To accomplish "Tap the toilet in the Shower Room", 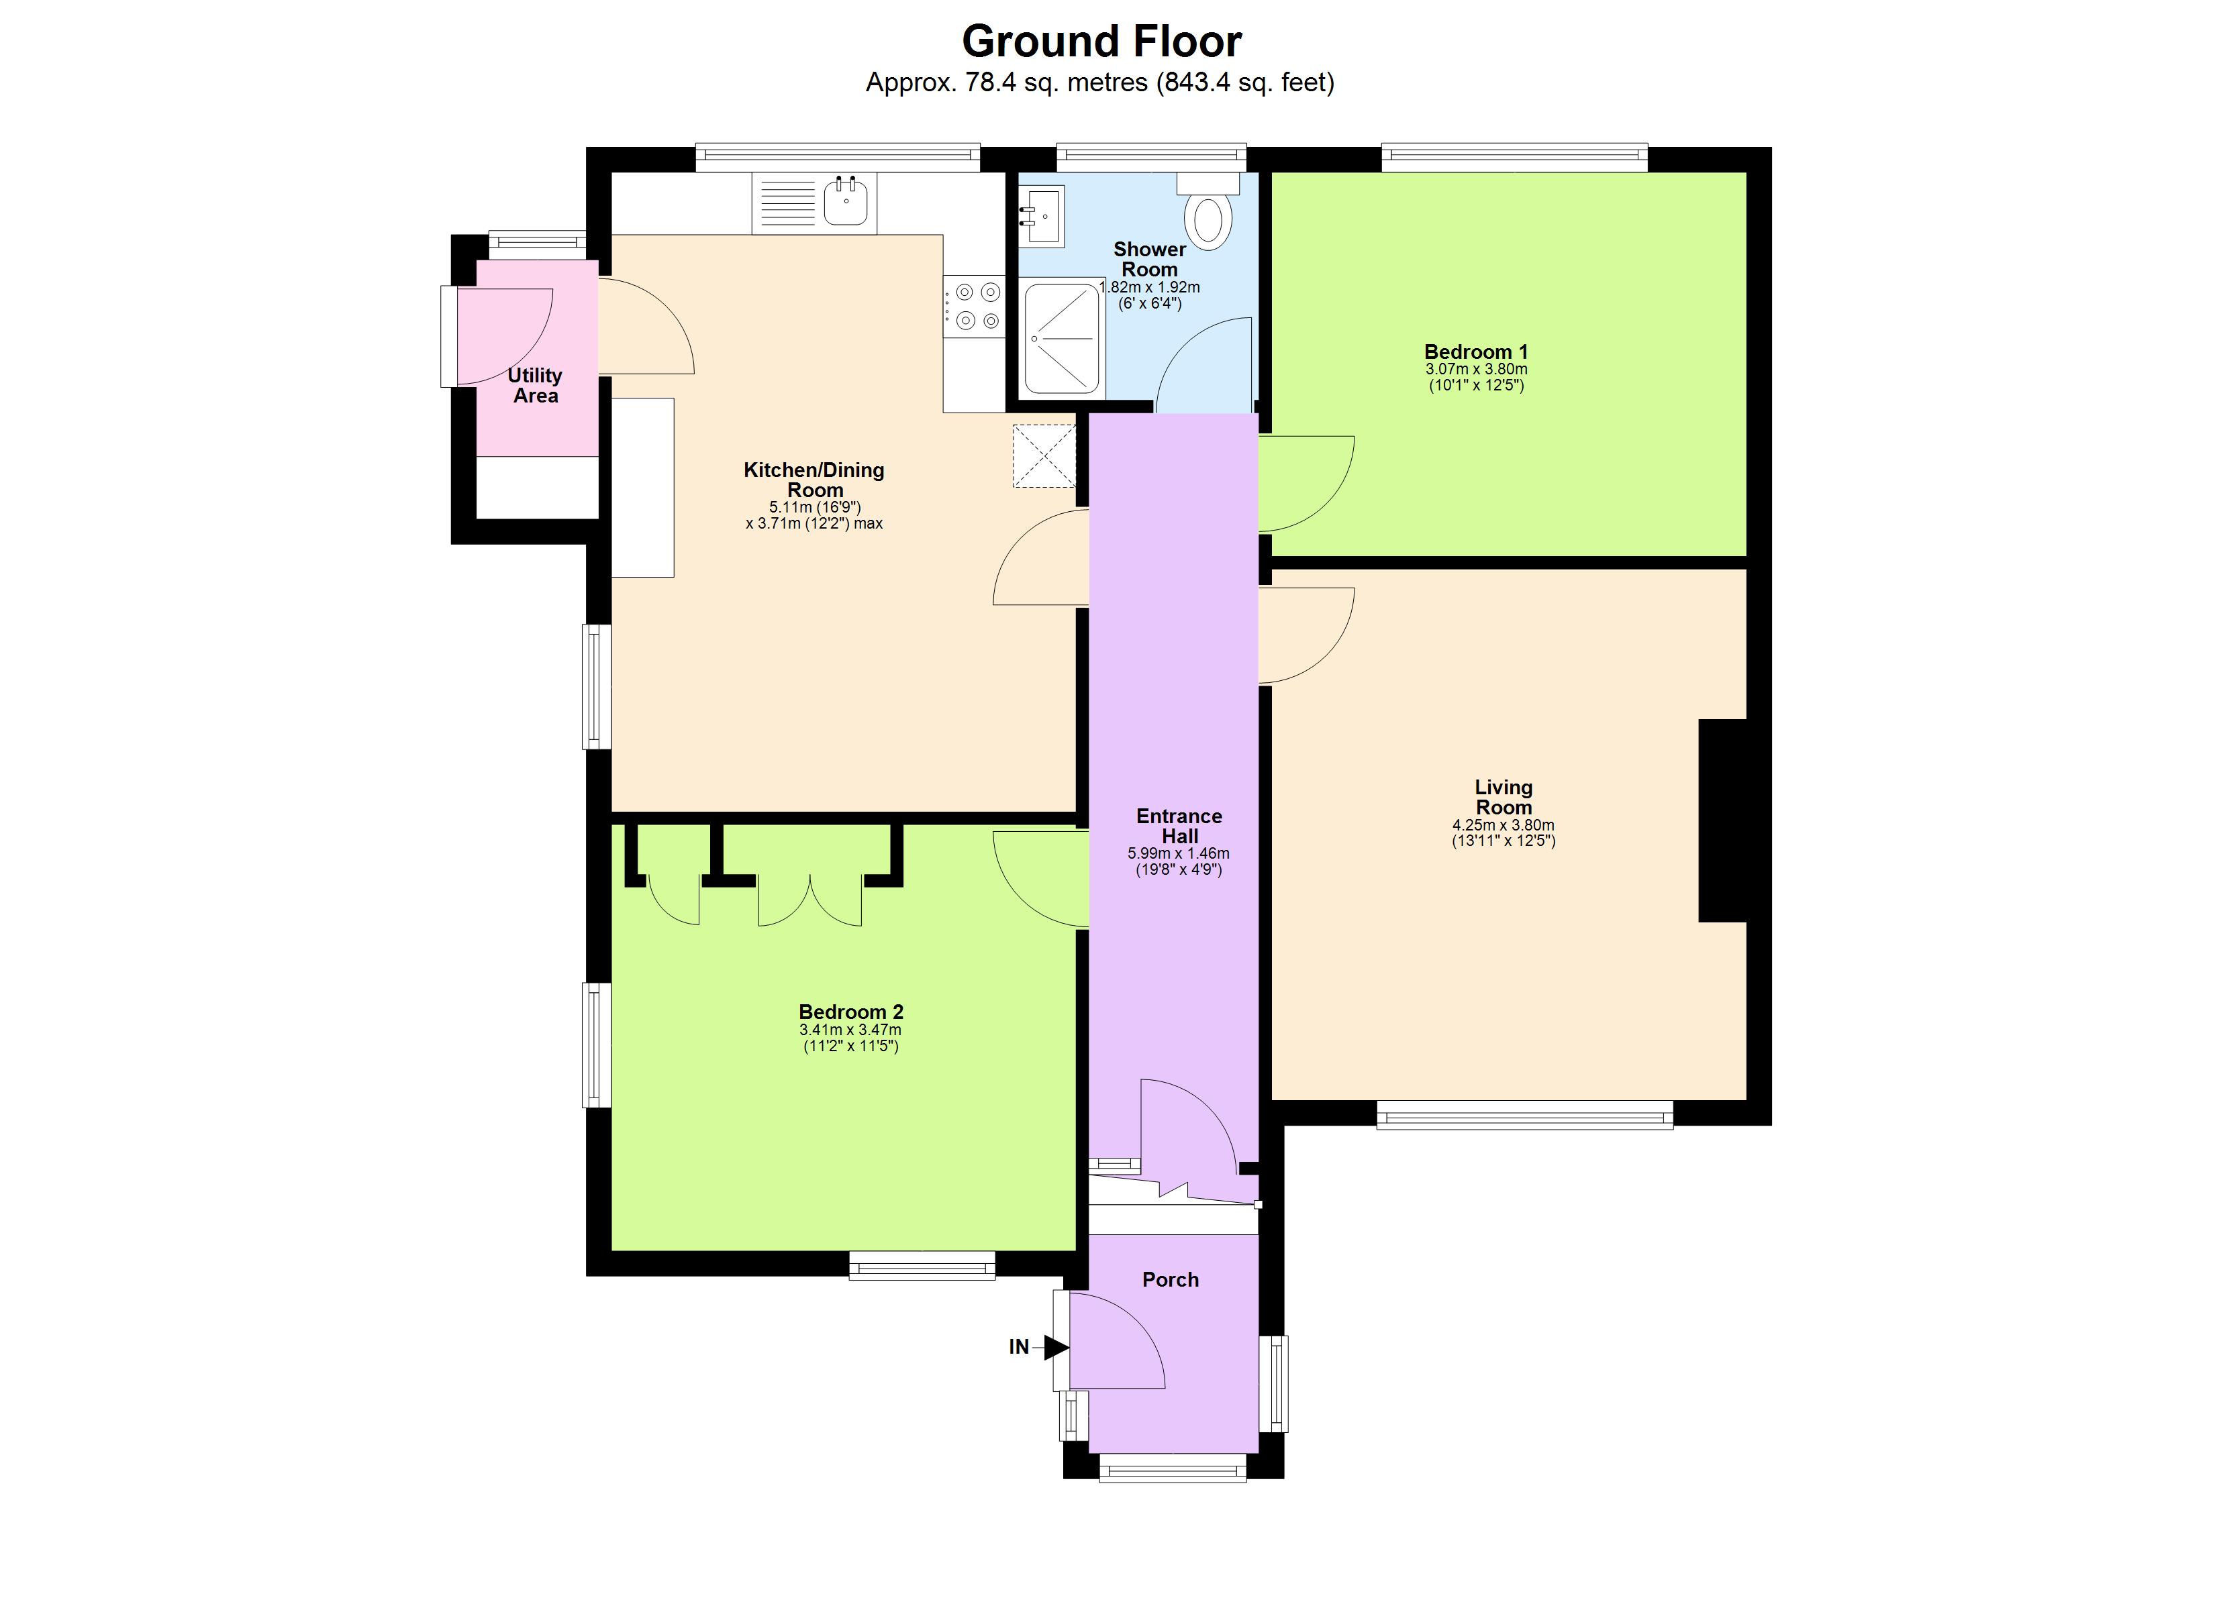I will point(1208,216).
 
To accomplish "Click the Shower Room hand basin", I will point(1042,215).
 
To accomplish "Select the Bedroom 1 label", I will point(1476,352).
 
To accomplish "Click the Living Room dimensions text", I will point(1503,833).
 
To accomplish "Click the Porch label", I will point(1170,1279).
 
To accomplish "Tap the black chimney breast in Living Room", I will point(1722,820).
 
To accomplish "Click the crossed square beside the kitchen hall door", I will point(1044,455).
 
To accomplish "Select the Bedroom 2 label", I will point(850,1012).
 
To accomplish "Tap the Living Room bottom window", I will point(1524,1115).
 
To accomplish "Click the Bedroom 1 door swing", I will point(1303,483).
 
